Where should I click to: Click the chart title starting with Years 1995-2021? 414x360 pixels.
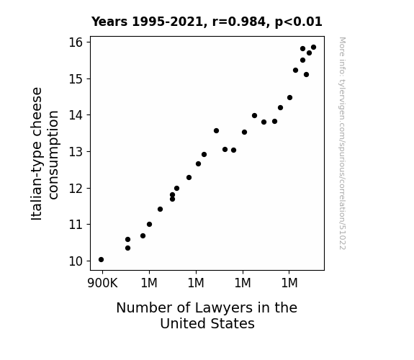pyautogui.click(x=207, y=22)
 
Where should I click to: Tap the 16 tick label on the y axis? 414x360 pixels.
pyautogui.click(x=76, y=42)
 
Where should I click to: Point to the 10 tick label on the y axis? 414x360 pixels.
pyautogui.click(x=76, y=261)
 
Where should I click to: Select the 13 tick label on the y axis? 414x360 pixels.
pyautogui.click(x=76, y=152)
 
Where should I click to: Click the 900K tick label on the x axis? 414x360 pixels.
pyautogui.click(x=102, y=283)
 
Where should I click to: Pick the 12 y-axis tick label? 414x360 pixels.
pyautogui.click(x=76, y=189)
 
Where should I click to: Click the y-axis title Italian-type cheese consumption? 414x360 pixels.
pyautogui.click(x=45, y=153)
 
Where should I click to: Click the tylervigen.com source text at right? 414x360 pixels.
pyautogui.click(x=343, y=143)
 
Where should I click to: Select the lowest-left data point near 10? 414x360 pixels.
pyautogui.click(x=101, y=260)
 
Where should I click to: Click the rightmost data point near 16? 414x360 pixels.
pyautogui.click(x=314, y=48)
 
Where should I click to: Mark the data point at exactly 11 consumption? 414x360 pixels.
pyautogui.click(x=150, y=224)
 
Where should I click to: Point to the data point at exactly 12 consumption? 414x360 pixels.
pyautogui.click(x=177, y=189)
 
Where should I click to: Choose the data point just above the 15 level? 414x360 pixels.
pyautogui.click(x=306, y=74)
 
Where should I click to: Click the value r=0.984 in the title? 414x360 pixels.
pyautogui.click(x=239, y=22)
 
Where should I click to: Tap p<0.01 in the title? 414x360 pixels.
pyautogui.click(x=299, y=22)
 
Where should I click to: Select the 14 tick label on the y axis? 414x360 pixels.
pyautogui.click(x=76, y=115)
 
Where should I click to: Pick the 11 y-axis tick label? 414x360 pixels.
pyautogui.click(x=76, y=225)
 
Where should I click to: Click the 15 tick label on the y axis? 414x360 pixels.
pyautogui.click(x=76, y=78)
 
